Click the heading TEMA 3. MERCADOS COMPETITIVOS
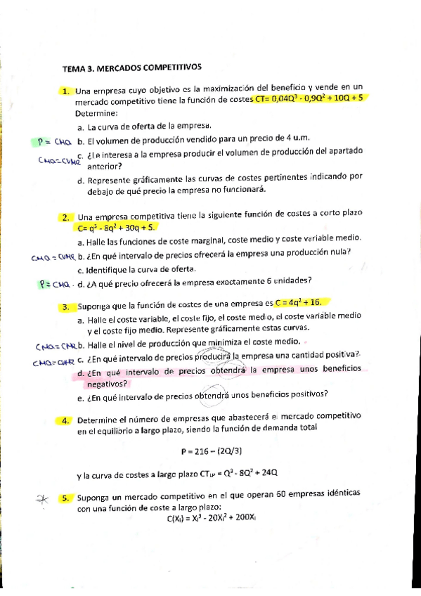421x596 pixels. coord(131,67)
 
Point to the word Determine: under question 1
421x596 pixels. coord(96,112)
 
